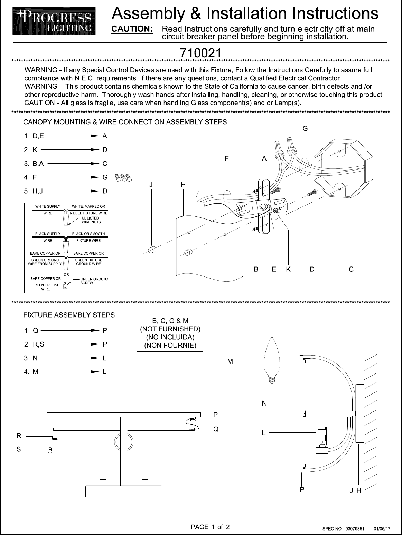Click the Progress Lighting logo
pos(54,21)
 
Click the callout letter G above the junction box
pos(305,129)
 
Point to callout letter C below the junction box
pos(351,270)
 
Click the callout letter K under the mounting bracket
pos(288,270)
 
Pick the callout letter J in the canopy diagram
pos(151,185)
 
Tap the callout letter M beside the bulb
pos(230,361)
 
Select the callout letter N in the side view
pos(264,403)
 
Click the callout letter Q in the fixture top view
pos(216,429)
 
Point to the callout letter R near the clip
pos(19,436)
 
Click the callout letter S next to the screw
pos(19,449)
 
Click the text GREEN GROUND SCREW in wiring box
pos(94,281)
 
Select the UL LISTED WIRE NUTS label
pos(91,220)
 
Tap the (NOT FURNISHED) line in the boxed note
pos(170,329)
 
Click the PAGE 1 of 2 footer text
pos(210,527)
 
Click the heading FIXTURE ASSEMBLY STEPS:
pos(70,315)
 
